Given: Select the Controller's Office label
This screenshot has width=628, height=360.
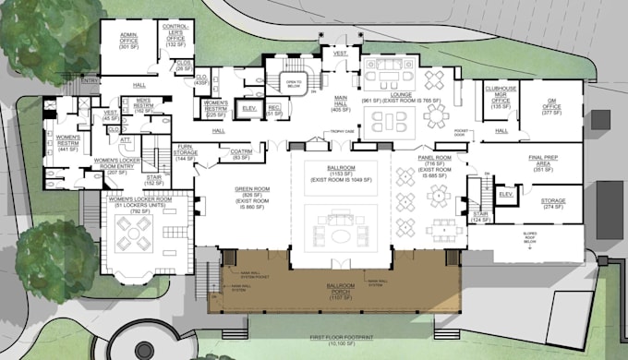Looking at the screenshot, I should tap(176, 35).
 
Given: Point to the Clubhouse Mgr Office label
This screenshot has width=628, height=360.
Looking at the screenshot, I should tap(501, 95).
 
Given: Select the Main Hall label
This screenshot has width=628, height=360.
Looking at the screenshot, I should tap(341, 102).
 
